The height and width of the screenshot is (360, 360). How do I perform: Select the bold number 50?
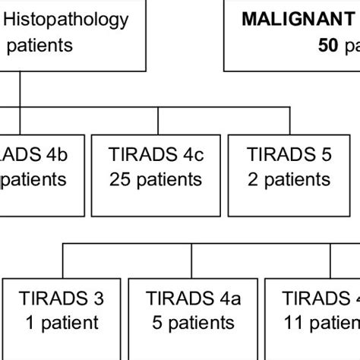[x=327, y=46]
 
